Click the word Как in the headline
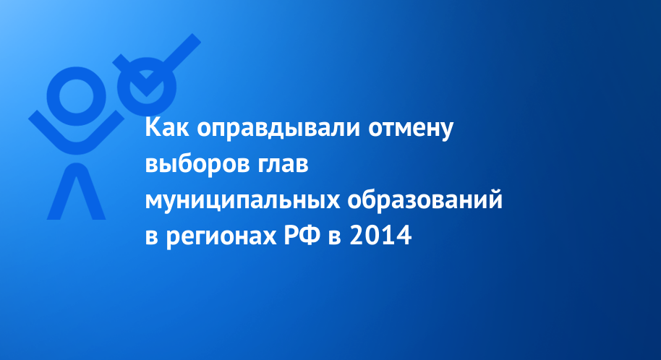point(167,128)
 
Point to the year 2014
point(380,236)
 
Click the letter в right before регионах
point(152,238)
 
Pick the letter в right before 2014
point(335,238)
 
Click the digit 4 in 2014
point(404,236)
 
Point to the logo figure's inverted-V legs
point(77,192)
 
